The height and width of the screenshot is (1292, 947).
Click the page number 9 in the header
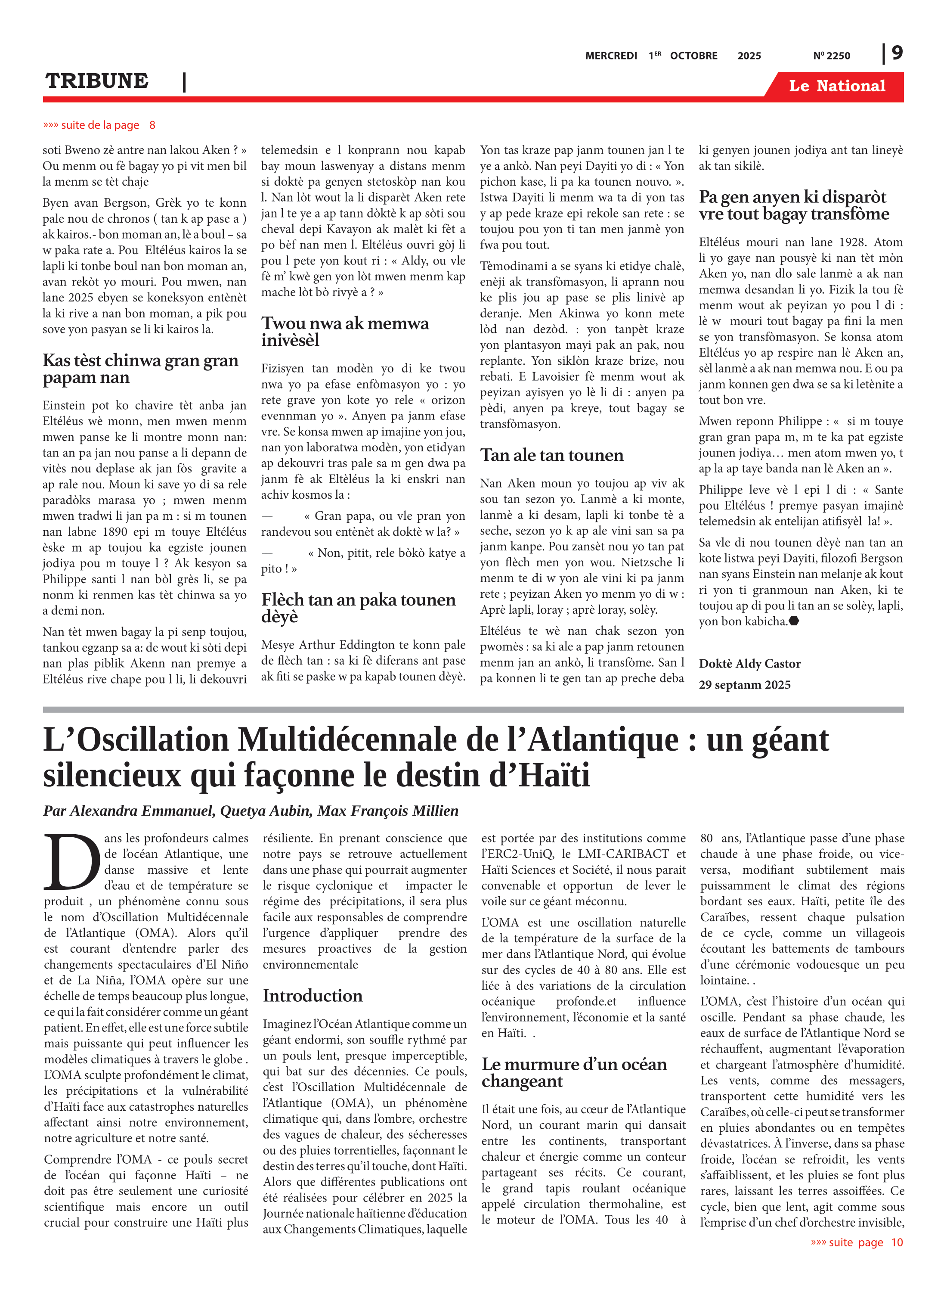pos(897,53)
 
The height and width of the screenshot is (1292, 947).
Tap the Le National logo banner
pos(836,86)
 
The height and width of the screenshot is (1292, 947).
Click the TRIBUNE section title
pos(97,81)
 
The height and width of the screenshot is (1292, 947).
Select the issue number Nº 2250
pos(831,56)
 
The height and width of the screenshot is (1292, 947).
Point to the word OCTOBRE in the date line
pos(693,56)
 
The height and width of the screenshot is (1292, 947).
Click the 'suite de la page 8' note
pos(99,125)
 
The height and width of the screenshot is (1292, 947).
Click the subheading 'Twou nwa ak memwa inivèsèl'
pos(345,332)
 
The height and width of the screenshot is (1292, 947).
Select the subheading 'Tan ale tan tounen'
pos(551,455)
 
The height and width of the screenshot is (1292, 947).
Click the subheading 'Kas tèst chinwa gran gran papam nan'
pos(140,369)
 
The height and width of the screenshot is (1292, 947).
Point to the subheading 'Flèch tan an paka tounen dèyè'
pos(358,608)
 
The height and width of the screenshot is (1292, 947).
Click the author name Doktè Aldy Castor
pos(749,664)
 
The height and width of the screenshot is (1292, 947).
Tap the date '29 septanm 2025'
pos(744,685)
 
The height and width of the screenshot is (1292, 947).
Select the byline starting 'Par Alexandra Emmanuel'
pos(251,810)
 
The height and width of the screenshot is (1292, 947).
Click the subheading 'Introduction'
pos(313,996)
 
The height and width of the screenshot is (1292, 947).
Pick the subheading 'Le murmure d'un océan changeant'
pos(574,1072)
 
